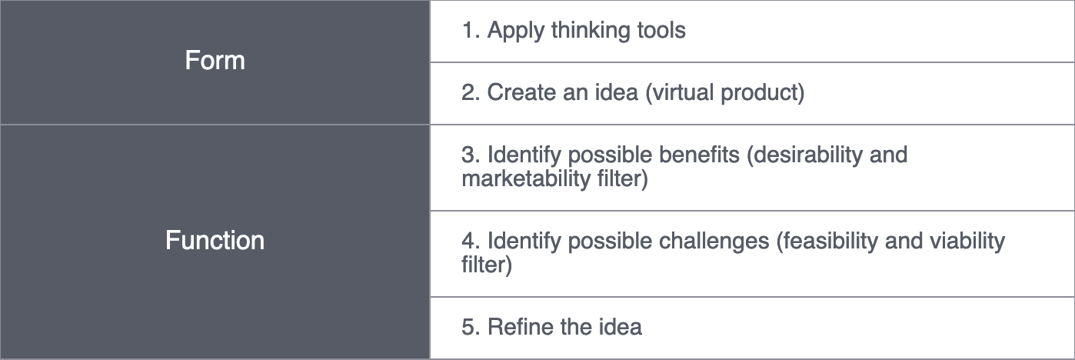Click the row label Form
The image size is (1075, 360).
click(x=215, y=61)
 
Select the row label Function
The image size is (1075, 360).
click(x=215, y=241)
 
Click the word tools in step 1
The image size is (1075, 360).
click(x=661, y=31)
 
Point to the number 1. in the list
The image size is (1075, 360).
click(x=470, y=31)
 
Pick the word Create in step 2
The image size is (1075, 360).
click(x=521, y=93)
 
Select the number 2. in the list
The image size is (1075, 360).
click(x=470, y=93)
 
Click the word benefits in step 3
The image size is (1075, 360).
click(x=701, y=155)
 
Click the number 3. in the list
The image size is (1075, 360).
click(x=470, y=155)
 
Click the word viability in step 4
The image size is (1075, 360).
click(x=970, y=241)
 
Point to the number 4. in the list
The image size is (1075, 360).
click(x=470, y=241)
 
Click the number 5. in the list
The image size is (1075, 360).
click(x=470, y=327)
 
